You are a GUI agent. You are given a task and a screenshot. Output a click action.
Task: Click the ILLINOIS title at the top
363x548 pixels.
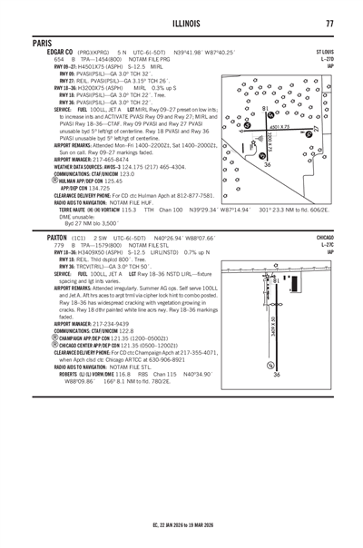(x=181, y=24)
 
